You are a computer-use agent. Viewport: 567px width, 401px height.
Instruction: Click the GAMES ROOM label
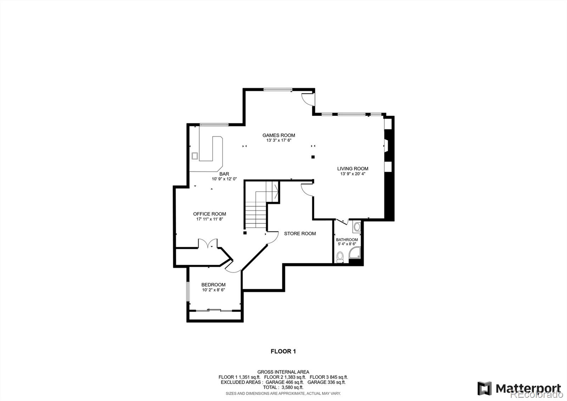tap(279, 135)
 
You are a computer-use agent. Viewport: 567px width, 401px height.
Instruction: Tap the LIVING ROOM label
tap(352, 169)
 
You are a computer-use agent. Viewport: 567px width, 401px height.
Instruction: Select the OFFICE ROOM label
tap(209, 214)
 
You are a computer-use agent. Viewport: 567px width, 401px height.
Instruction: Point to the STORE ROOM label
tap(300, 234)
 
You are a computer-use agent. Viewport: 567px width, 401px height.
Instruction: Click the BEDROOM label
tap(213, 285)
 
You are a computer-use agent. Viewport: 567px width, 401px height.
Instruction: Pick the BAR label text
tap(224, 174)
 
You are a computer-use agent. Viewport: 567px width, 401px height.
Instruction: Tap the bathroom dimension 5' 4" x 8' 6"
tap(347, 244)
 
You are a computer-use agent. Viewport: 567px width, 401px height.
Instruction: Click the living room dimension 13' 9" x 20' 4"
tap(352, 174)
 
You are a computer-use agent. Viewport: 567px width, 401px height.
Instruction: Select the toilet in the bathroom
tap(340, 257)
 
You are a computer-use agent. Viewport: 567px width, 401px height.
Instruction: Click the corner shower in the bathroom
tap(355, 254)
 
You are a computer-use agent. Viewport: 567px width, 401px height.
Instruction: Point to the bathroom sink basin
tap(357, 226)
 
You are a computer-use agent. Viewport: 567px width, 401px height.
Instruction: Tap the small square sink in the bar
tap(195, 155)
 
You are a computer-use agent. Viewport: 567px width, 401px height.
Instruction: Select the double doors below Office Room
tap(208, 244)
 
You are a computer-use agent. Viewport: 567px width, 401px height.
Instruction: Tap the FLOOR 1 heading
tap(283, 351)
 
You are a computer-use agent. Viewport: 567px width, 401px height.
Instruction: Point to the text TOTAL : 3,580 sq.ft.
tap(283, 387)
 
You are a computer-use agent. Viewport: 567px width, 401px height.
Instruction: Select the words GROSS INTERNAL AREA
tap(283, 372)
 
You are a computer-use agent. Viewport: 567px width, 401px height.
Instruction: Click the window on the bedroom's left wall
tap(188, 291)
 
